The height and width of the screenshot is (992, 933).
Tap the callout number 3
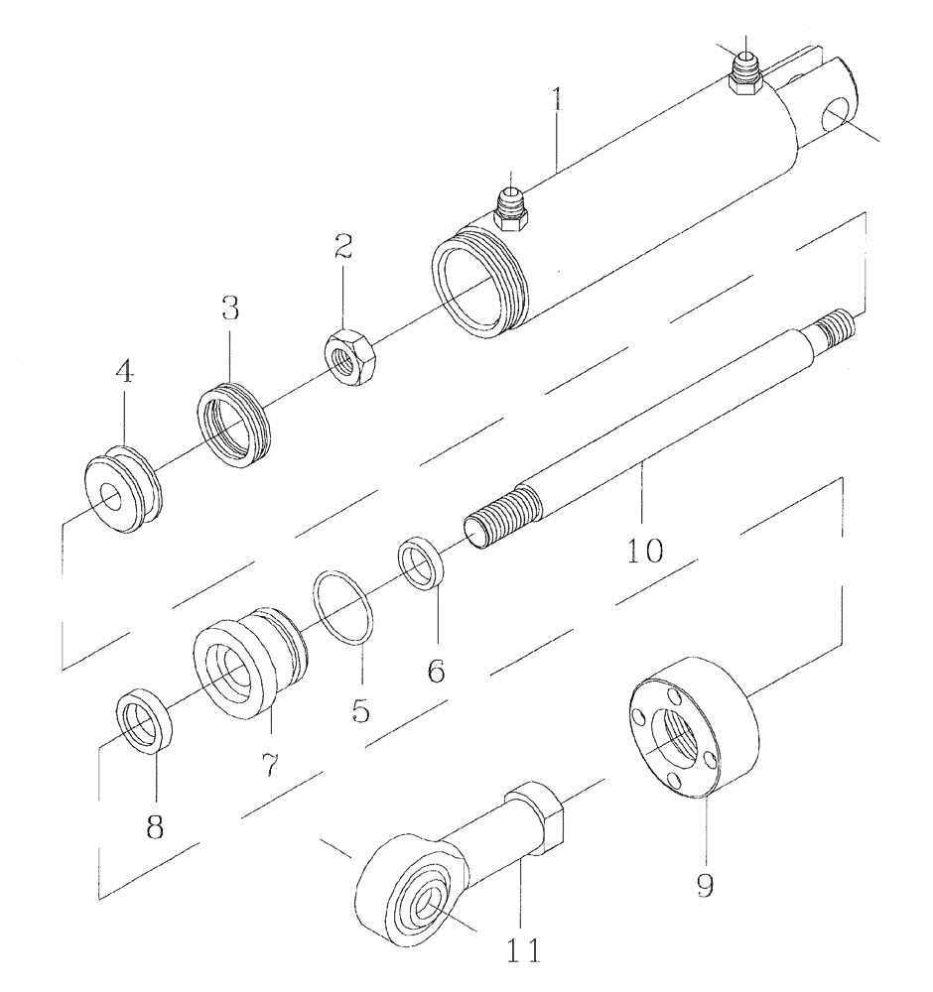coord(230,309)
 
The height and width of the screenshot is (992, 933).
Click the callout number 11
coord(520,951)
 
